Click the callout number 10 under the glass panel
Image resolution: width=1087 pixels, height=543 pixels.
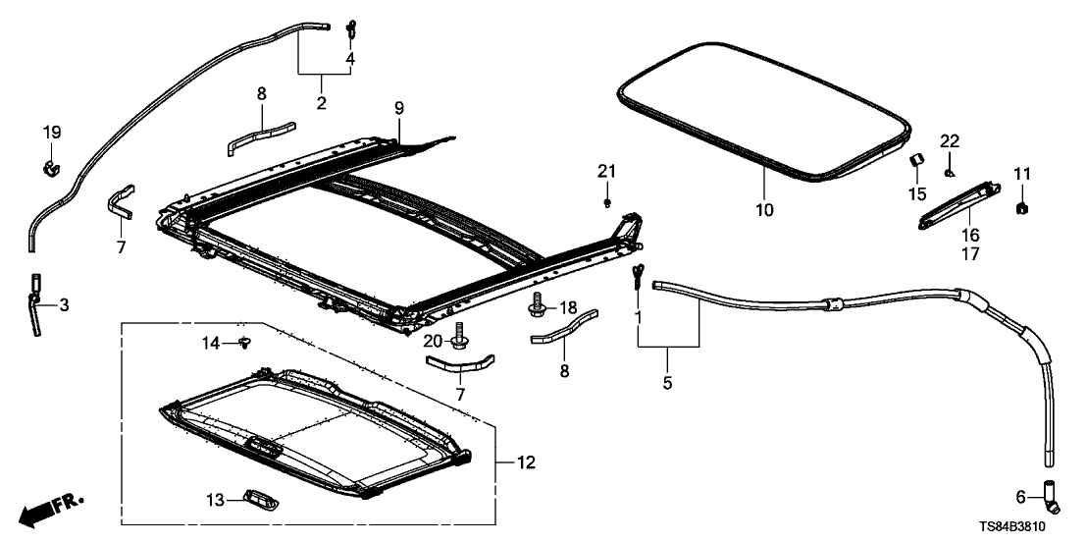(x=764, y=209)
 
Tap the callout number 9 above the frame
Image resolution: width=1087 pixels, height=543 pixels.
(x=399, y=107)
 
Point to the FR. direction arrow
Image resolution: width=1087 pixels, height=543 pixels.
(x=51, y=508)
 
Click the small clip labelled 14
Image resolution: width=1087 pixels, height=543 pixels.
(x=243, y=342)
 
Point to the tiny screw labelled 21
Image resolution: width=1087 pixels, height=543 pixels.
(x=608, y=203)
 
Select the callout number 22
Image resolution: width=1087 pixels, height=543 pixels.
(x=949, y=141)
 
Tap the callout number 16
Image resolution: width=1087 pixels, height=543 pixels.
(x=969, y=236)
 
